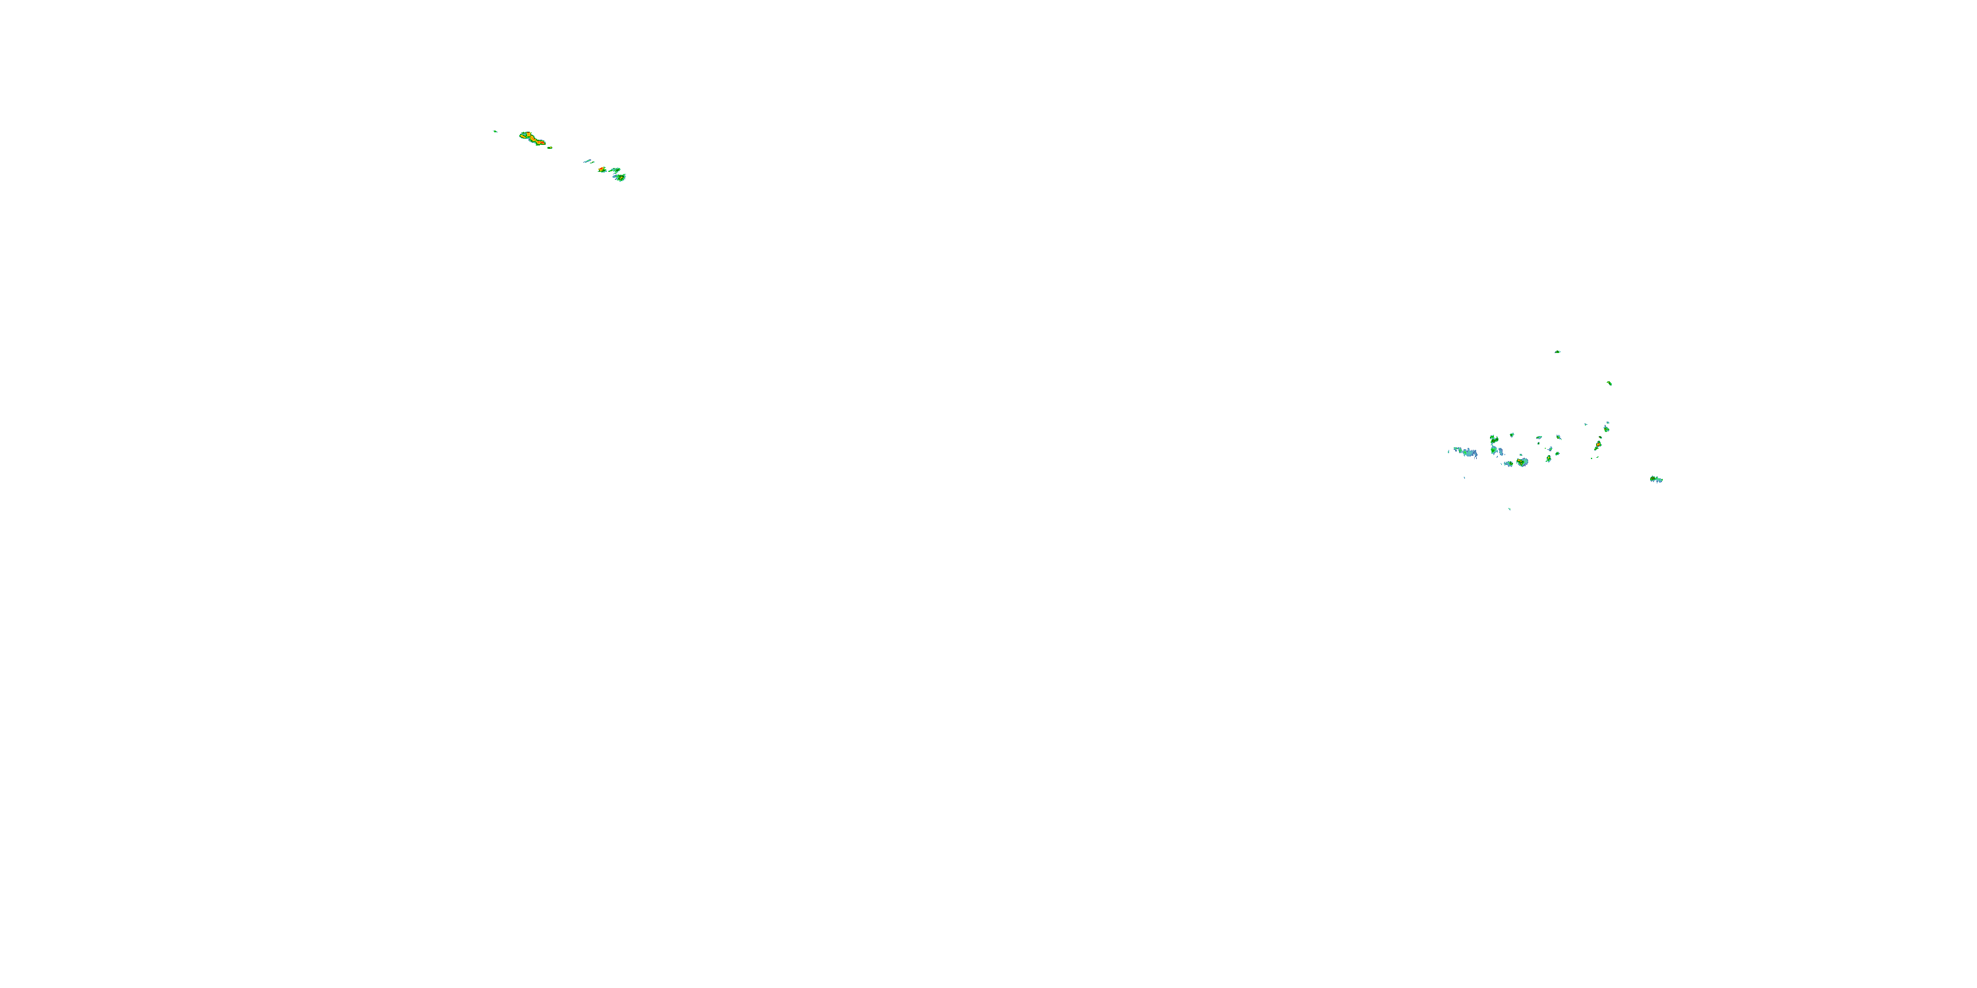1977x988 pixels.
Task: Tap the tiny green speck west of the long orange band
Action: coord(495,131)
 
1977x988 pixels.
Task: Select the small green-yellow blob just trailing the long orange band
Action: coord(550,146)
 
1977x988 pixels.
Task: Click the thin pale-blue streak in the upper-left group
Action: coord(588,161)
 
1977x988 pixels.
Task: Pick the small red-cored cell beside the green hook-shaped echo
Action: coord(602,169)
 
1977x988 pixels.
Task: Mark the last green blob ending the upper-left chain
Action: coord(621,177)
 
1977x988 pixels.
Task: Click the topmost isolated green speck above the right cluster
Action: coord(1557,351)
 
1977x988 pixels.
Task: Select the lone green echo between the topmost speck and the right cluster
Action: coord(1609,383)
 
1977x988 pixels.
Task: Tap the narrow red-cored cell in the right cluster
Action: coord(1598,444)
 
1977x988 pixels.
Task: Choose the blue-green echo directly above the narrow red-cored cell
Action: coord(1607,427)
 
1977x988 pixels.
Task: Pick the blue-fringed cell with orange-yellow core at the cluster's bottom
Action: coord(1522,462)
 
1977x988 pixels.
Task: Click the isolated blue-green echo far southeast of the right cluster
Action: coord(1655,480)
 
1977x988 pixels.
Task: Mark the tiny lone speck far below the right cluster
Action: coord(1510,508)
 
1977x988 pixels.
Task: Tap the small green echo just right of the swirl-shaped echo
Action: coord(1512,435)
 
